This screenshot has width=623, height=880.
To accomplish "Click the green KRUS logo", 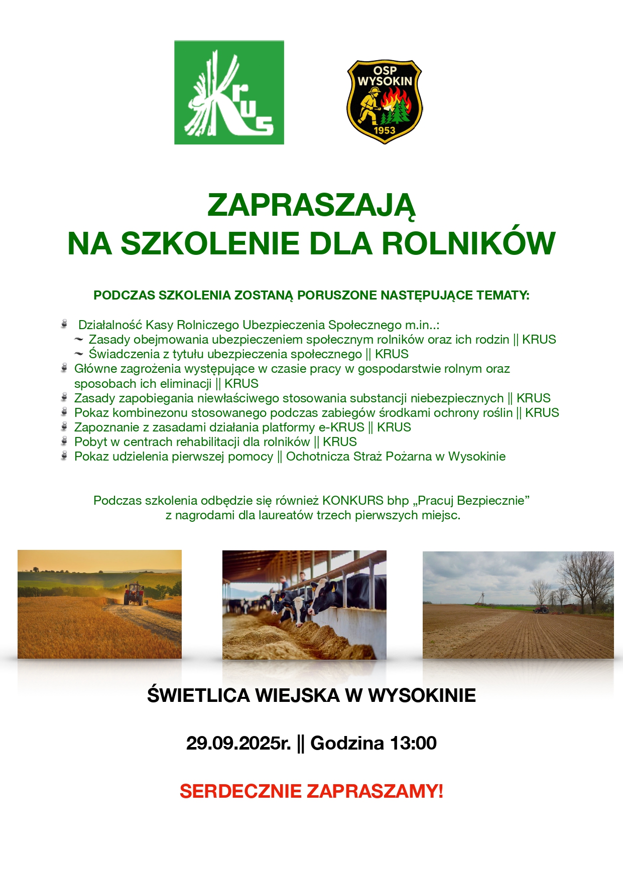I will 229,92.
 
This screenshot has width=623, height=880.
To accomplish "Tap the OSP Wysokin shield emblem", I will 385,102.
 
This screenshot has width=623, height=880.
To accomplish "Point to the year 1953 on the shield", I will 385,130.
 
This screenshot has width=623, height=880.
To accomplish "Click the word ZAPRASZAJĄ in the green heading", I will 311,205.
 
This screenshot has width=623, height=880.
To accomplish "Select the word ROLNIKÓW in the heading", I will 468,244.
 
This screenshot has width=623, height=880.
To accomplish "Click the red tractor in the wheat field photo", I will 134,594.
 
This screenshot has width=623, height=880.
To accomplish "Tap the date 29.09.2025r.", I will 238,743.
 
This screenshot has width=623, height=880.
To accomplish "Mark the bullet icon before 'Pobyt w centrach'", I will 64,442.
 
